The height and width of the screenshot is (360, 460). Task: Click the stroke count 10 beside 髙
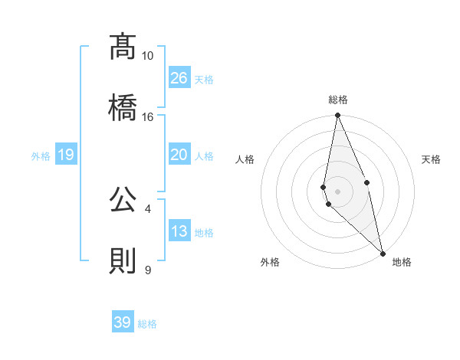(x=148, y=56)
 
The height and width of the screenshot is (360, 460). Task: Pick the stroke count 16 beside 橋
(x=148, y=116)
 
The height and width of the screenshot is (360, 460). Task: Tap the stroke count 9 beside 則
(x=148, y=270)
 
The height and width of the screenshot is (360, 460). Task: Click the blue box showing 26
(x=179, y=77)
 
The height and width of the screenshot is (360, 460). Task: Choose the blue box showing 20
(x=179, y=155)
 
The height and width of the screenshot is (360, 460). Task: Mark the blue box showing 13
(x=179, y=231)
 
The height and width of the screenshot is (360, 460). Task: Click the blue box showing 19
(x=66, y=155)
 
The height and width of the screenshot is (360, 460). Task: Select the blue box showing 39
(x=123, y=322)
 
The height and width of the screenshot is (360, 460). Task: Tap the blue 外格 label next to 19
(x=41, y=156)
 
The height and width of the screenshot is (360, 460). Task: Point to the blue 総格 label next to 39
(x=147, y=324)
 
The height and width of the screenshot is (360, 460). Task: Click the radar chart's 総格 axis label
(x=337, y=100)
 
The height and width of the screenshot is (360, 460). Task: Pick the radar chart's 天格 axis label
(x=431, y=159)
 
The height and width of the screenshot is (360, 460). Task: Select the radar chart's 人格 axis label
(x=245, y=159)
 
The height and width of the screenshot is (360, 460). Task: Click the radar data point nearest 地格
(x=383, y=253)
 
